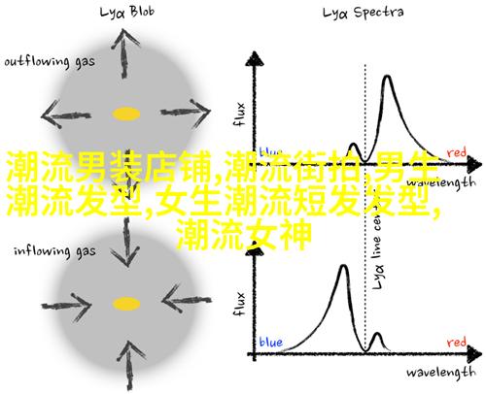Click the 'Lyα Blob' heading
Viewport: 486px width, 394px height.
pos(127,13)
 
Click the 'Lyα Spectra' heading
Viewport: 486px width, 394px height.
pos(363,13)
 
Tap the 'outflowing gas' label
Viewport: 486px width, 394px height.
pos(50,62)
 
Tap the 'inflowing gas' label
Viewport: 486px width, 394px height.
pos(54,251)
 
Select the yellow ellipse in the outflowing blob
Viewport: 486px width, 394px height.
pos(126,114)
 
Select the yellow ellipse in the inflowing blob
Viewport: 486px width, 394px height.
pos(126,304)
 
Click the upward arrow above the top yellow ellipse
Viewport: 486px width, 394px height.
pos(124,53)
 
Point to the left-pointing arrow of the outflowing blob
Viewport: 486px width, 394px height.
pos(66,115)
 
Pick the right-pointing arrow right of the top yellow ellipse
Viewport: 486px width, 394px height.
pos(186,113)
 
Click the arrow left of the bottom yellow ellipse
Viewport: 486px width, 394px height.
pos(67,306)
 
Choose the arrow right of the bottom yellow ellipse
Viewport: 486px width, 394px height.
pos(187,300)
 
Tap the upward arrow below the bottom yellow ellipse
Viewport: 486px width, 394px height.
pos(129,365)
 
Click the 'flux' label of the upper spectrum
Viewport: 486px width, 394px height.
pos(239,115)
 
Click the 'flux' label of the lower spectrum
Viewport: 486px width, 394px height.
pos(239,304)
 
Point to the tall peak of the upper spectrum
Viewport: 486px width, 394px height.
pos(387,77)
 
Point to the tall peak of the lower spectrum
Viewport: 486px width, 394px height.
pos(344,267)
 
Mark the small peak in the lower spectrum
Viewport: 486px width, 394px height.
pos(377,334)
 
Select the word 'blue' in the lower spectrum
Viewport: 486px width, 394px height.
pos(271,343)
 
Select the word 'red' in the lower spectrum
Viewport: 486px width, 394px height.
pos(457,343)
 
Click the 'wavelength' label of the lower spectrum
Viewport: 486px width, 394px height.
pos(441,373)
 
